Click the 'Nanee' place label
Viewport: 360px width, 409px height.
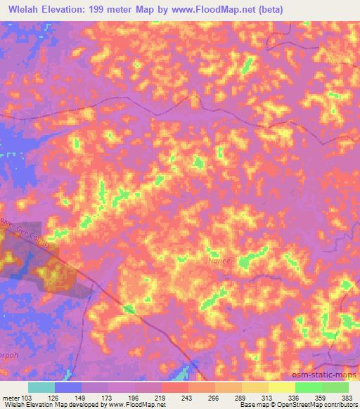coord(219,259)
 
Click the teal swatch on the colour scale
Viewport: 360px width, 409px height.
coord(41,387)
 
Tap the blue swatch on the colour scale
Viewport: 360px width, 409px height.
coord(68,387)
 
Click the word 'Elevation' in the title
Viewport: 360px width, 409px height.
coord(63,9)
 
